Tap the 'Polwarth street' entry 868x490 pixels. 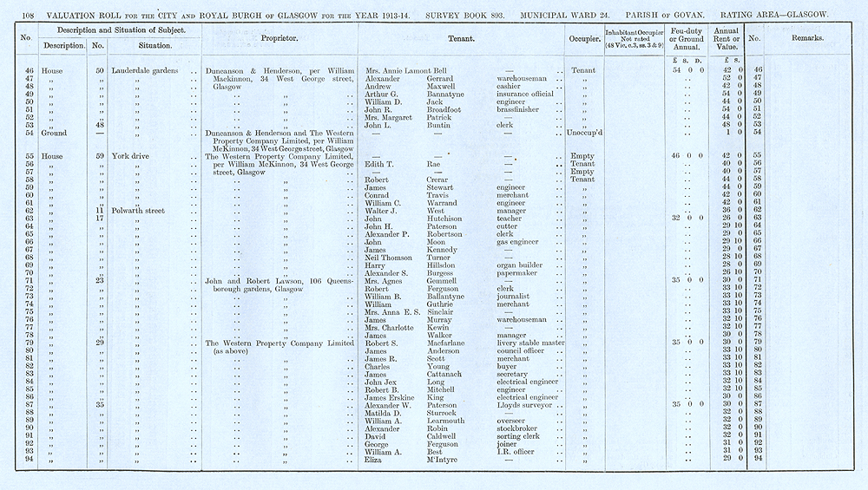click(141, 210)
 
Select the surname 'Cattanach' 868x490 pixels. click(448, 374)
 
